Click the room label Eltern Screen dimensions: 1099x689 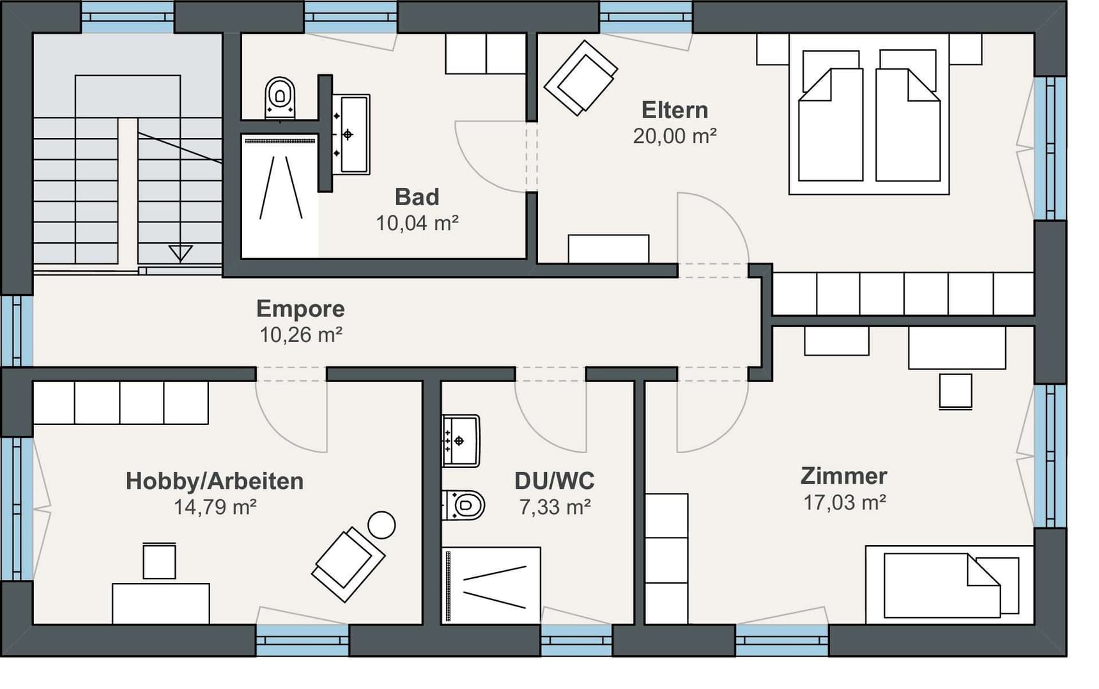coord(675,110)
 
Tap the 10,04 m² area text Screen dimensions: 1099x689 coord(417,223)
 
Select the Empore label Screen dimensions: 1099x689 coord(300,309)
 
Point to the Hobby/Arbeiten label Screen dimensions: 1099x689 coord(215,481)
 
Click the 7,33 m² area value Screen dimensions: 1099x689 coord(555,507)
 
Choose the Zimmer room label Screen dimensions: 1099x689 coord(844,476)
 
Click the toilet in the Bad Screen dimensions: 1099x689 coord(280,98)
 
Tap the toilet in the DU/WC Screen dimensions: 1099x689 coord(464,506)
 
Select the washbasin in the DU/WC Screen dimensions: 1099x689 coord(461,441)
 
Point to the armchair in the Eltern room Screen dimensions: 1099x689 coord(581,78)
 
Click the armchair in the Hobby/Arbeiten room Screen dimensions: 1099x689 coord(348,564)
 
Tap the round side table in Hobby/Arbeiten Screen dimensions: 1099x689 coord(381,525)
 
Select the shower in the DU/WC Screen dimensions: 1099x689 coord(491,584)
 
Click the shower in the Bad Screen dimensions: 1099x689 coord(279,195)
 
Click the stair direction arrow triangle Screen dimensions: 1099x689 coord(181,254)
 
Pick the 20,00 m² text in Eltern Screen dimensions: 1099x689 coord(675,136)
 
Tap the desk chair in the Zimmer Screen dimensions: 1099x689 coord(956,391)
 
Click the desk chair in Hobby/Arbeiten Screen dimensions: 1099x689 coord(159,561)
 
